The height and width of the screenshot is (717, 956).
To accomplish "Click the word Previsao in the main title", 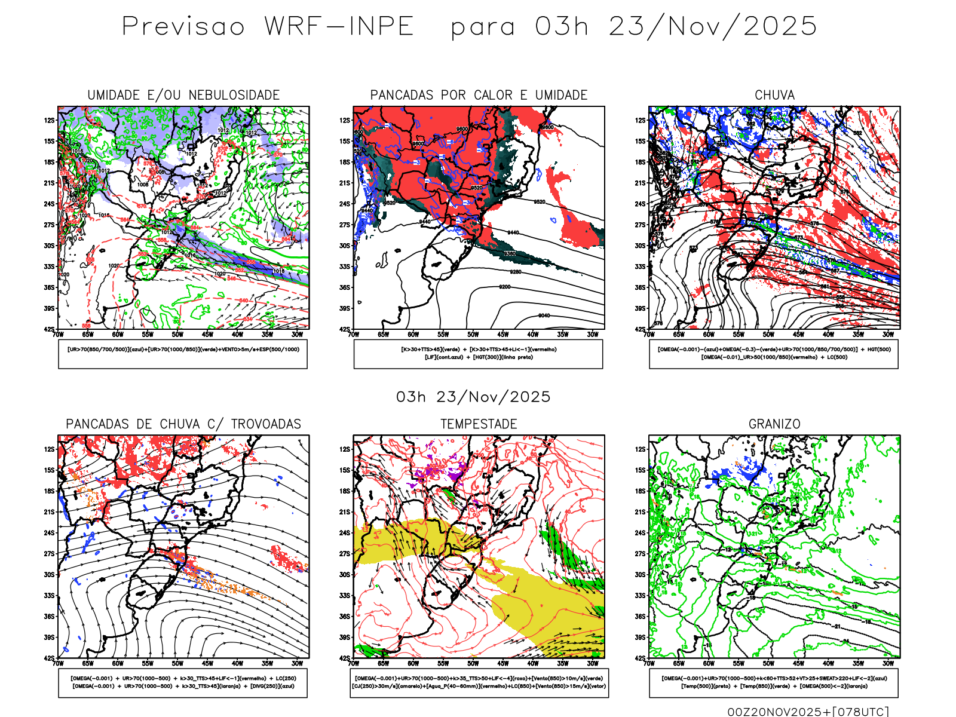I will coord(183,26).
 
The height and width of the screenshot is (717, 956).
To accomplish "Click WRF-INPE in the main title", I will coord(339,26).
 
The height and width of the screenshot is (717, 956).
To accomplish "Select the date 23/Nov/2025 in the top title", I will coord(713,26).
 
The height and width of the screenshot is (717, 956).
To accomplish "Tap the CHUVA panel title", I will coord(774,95).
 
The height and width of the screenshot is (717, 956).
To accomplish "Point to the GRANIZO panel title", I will coord(774,424).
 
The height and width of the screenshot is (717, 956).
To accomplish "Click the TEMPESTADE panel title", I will coord(479,424).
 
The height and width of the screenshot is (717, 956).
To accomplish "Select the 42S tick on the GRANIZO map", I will coord(640,658).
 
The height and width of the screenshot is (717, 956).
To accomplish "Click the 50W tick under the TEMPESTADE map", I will coord(473,663).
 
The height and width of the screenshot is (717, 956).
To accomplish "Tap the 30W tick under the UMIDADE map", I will coord(297,335).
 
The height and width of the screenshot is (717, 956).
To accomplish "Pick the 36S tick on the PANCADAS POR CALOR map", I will coord(345,287).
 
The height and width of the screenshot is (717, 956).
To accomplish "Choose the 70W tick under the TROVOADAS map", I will coord(58,663).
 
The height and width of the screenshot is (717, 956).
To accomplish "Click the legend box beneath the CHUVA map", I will coord(774,354).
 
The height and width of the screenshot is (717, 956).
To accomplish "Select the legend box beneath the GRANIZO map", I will coord(774,682).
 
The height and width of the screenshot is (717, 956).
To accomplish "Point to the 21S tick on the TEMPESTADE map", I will coord(345,512).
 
